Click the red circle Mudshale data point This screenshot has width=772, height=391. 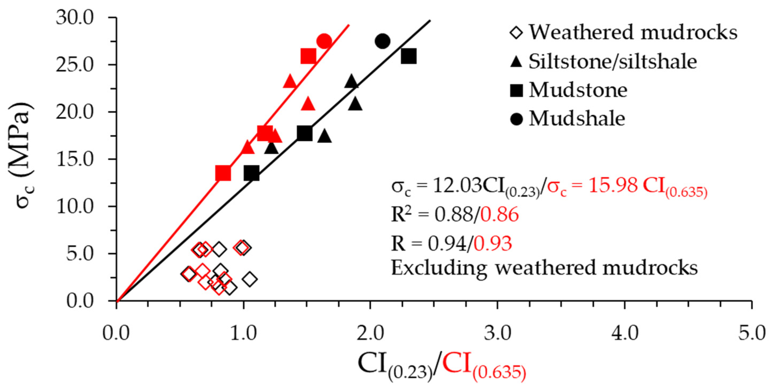click(324, 41)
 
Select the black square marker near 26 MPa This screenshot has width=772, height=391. click(409, 56)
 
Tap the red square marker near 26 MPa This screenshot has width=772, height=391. click(308, 56)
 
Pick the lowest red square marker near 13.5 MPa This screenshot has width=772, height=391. click(223, 173)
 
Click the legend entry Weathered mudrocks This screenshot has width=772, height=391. click(632, 32)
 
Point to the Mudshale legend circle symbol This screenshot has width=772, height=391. click(516, 119)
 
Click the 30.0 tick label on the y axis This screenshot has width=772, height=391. click(75, 18)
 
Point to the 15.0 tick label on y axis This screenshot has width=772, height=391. click(75, 159)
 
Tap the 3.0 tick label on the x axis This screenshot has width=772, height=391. click(497, 333)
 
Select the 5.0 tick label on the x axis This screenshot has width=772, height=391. click(752, 333)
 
